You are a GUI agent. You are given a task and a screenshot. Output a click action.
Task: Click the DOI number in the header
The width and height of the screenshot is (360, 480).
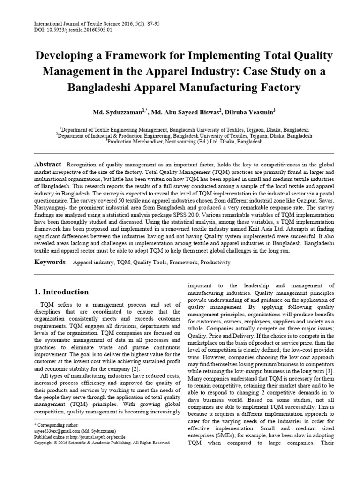click(75, 30)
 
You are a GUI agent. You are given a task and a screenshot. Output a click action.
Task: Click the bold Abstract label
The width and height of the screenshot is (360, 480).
click(48, 164)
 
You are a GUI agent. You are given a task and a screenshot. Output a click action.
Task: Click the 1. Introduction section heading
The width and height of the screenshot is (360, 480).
click(61, 292)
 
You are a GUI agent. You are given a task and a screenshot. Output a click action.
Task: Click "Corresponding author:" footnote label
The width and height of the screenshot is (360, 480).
click(57, 424)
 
